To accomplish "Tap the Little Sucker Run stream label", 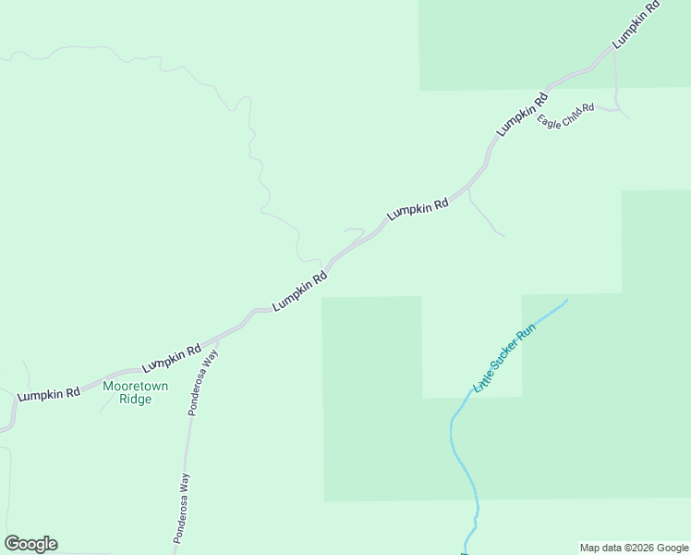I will [504, 359].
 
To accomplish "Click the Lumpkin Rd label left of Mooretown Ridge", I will [48, 393].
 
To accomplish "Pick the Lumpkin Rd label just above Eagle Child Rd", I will [522, 115].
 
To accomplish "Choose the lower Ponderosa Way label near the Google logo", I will [184, 508].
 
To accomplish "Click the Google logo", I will [30, 544].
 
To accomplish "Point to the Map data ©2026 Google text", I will [635, 548].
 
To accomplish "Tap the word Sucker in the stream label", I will [504, 359].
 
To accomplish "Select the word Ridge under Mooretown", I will [135, 400].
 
